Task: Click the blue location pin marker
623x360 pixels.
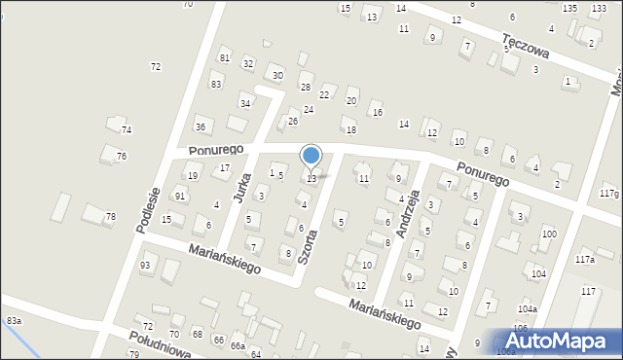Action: (311, 156)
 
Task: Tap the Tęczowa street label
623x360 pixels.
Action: (526, 46)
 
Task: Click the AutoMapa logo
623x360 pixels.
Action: (562, 342)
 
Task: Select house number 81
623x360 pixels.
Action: (224, 58)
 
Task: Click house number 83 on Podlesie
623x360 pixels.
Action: (216, 84)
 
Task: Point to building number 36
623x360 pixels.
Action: (201, 126)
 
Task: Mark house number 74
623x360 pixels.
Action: (126, 129)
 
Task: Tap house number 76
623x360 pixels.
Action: (121, 156)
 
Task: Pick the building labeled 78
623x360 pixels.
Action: (110, 216)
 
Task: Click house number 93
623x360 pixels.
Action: (146, 265)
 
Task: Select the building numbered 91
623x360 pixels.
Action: (180, 196)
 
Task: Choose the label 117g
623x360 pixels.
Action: (608, 195)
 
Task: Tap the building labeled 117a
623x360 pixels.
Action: (585, 259)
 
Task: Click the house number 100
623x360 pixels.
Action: (550, 234)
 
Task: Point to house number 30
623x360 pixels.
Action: (277, 75)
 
